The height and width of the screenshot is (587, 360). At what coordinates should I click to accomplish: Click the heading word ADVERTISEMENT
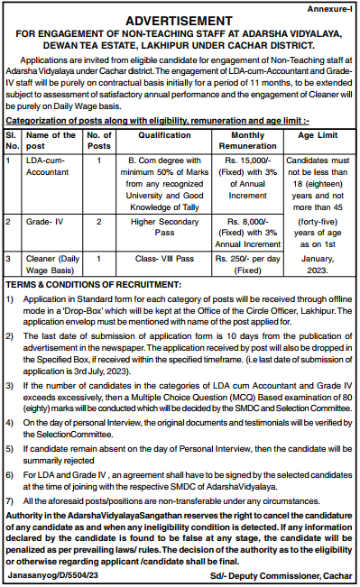pos(180,18)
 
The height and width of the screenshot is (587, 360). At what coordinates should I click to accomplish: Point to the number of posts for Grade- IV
pos(98,220)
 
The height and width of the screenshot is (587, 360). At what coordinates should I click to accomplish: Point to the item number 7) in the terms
pos(9,500)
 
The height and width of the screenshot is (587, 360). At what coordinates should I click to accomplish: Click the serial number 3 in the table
pos(8,258)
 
